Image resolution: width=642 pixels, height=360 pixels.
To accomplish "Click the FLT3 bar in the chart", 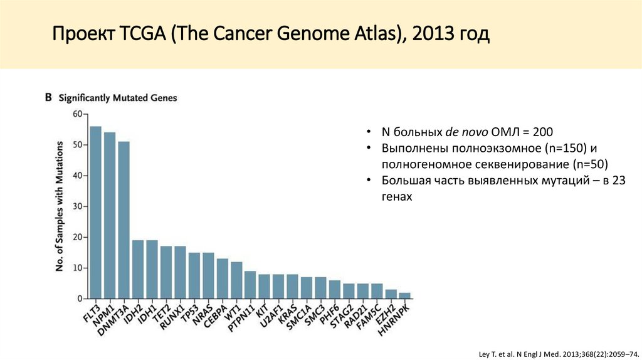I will pyautogui.click(x=95, y=213).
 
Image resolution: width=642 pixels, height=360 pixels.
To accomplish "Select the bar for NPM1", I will pyautogui.click(x=110, y=216).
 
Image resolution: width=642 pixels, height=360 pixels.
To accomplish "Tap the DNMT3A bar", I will pyautogui.click(x=124, y=220).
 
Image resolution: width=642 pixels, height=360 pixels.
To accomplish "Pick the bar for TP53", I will pyautogui.click(x=194, y=275).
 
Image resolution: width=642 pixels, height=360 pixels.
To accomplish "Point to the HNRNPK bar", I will pyautogui.click(x=405, y=295).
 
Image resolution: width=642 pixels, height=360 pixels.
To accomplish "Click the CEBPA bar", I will pyautogui.click(x=223, y=278).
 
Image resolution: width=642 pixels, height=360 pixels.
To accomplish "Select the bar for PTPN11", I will pyautogui.click(x=250, y=285).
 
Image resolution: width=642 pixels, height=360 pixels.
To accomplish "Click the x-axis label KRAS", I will pyautogui.click(x=289, y=312).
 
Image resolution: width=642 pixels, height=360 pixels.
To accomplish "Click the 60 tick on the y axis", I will pyautogui.click(x=77, y=114).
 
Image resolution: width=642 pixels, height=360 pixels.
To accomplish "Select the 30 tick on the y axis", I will pyautogui.click(x=77, y=206).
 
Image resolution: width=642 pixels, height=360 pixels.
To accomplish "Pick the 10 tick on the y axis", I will pyautogui.click(x=77, y=268).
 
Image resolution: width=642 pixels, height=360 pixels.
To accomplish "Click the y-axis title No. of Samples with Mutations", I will pyautogui.click(x=60, y=206).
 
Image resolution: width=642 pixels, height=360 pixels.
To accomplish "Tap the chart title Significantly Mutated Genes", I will pyautogui.click(x=118, y=98).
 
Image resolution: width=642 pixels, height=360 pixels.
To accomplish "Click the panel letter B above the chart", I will pyautogui.click(x=48, y=97).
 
